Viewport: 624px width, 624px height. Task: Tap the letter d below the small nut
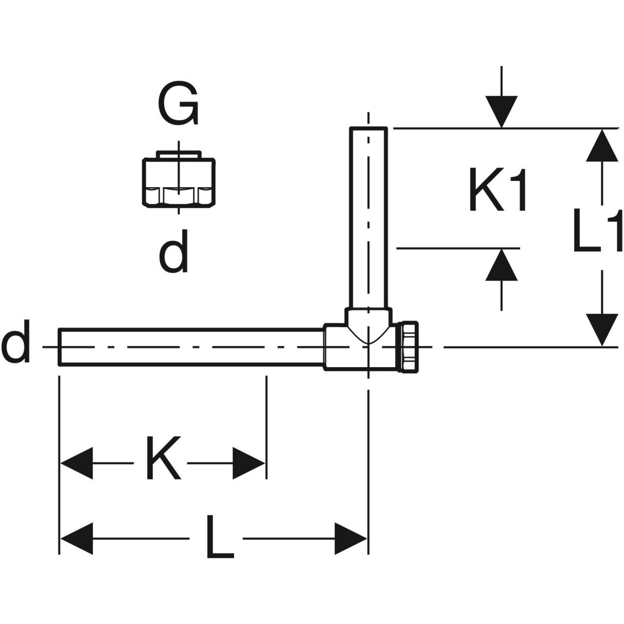point(173,254)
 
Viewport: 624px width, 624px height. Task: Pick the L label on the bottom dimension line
point(219,537)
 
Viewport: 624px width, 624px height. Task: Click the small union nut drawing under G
point(178,179)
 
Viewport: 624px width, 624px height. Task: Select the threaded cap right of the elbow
point(409,346)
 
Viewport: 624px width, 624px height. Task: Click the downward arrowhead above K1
point(501,111)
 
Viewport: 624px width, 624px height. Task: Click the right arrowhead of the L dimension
point(352,538)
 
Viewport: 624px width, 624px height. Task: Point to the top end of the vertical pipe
point(368,128)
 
